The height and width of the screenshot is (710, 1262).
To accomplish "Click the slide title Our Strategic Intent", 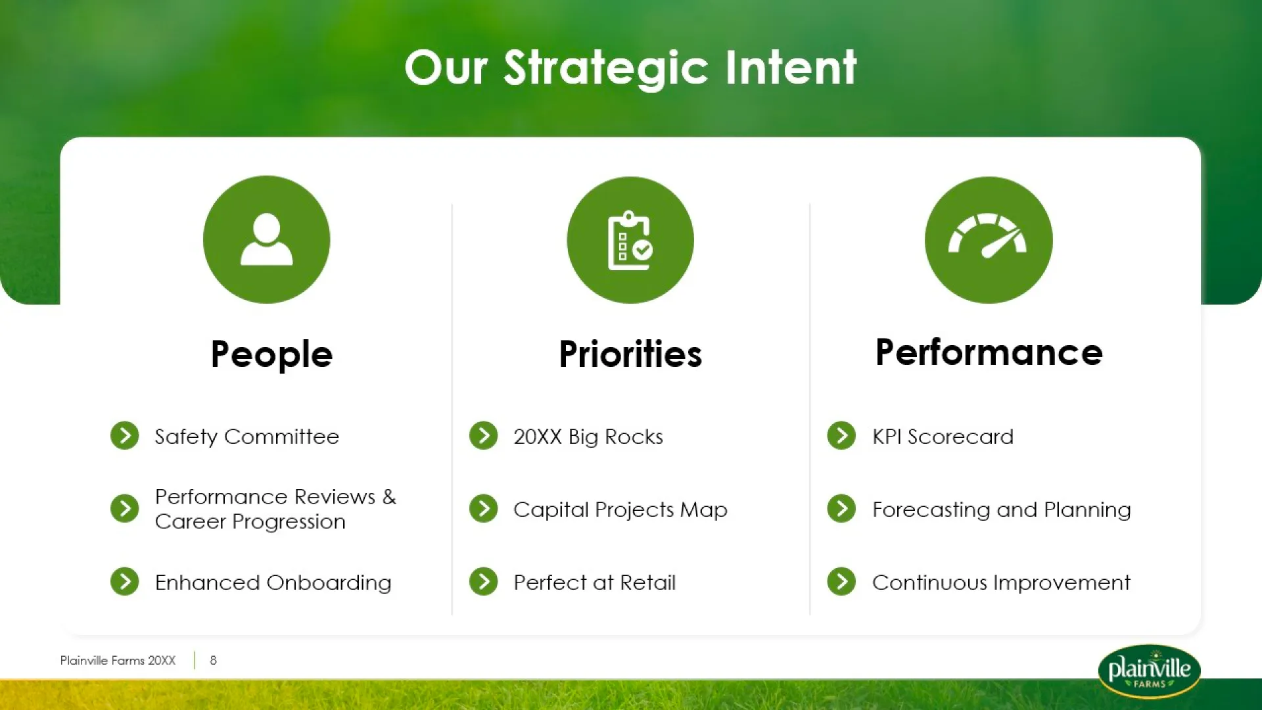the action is pyautogui.click(x=630, y=68).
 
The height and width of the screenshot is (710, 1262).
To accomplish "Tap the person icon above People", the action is pyautogui.click(x=266, y=239).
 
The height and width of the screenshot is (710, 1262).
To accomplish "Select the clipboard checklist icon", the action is pyautogui.click(x=630, y=240).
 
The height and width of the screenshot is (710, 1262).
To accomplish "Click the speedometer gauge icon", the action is pyautogui.click(x=988, y=235).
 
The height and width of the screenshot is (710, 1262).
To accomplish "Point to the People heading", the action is pyautogui.click(x=271, y=355).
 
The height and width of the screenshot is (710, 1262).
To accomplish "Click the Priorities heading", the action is pyautogui.click(x=630, y=354).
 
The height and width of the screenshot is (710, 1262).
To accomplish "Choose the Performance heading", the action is pyautogui.click(x=989, y=352).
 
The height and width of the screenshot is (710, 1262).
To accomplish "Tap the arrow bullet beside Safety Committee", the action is pyautogui.click(x=125, y=435).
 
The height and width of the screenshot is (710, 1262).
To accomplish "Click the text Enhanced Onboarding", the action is pyautogui.click(x=273, y=582).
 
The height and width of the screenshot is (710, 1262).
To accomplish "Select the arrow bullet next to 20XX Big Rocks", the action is pyautogui.click(x=484, y=435).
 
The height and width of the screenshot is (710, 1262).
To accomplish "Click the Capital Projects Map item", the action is pyautogui.click(x=620, y=509).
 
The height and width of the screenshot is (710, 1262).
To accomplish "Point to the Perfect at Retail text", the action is pyautogui.click(x=594, y=582).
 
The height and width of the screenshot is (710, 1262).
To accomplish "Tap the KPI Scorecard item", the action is pyautogui.click(x=943, y=437).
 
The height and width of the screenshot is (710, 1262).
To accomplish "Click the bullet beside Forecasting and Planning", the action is pyautogui.click(x=841, y=508).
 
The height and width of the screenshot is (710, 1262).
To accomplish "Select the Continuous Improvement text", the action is pyautogui.click(x=1001, y=582).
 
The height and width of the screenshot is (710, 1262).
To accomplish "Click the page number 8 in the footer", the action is pyautogui.click(x=213, y=660).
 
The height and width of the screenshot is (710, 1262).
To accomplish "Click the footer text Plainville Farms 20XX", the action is pyautogui.click(x=118, y=660).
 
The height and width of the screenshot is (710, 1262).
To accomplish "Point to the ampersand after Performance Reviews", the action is pyautogui.click(x=389, y=496).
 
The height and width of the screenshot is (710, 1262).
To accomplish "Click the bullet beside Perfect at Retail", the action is pyautogui.click(x=484, y=581).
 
